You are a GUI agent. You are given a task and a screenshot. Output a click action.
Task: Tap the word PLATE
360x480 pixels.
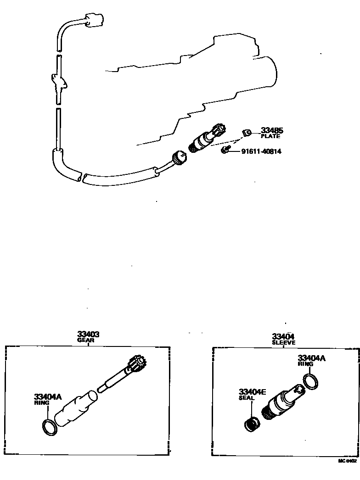[x=270, y=136]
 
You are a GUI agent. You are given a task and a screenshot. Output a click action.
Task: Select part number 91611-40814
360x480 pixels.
[x=261, y=151]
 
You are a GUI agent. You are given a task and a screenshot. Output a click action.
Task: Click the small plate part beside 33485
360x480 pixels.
[x=247, y=133]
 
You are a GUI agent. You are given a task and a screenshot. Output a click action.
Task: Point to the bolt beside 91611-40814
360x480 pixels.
[x=225, y=150]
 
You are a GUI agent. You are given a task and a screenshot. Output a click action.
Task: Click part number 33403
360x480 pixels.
[x=88, y=335]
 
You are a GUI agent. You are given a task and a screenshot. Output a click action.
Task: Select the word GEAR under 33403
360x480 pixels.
[x=88, y=340]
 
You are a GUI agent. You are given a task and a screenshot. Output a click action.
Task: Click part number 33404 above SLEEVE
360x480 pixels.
[x=283, y=336]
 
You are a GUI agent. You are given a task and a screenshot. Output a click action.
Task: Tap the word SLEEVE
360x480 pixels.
[x=283, y=342]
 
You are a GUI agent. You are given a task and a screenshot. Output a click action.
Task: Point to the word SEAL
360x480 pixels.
[x=246, y=398]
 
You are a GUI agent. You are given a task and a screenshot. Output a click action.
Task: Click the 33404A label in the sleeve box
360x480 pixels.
[x=311, y=358]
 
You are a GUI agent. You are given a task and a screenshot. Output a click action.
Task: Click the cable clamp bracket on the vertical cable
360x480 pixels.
[x=60, y=84]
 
